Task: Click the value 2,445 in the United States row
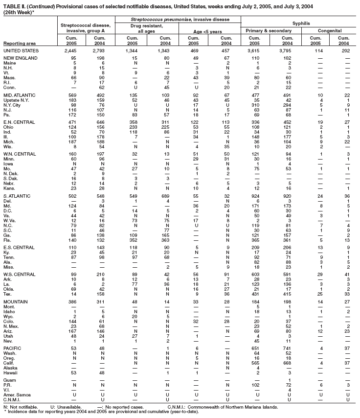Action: click(x=71, y=50)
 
